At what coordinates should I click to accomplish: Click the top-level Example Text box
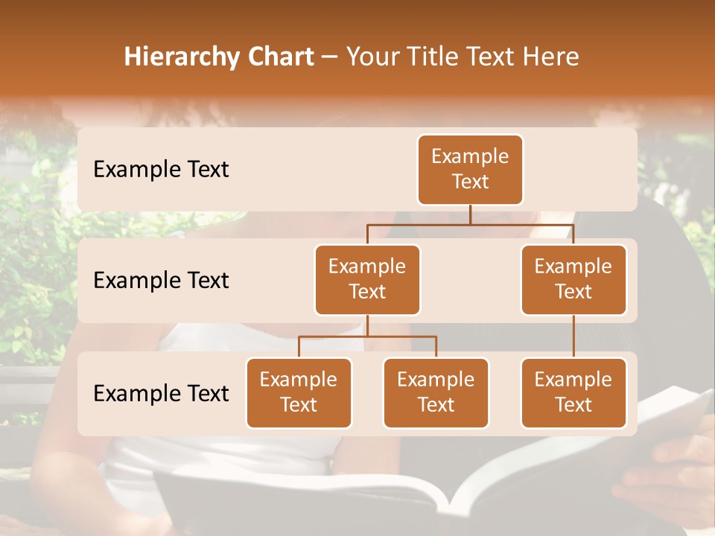(x=470, y=170)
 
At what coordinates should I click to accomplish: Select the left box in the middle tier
(x=367, y=280)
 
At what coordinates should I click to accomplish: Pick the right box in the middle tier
(x=573, y=280)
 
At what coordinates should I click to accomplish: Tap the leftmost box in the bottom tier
(x=299, y=393)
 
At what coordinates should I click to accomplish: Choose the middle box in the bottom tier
(x=436, y=393)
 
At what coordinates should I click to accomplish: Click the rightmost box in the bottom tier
(x=573, y=393)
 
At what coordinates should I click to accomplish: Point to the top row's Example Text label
(x=161, y=170)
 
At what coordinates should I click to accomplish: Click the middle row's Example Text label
(x=161, y=281)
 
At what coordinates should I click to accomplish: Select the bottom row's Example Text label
(x=161, y=393)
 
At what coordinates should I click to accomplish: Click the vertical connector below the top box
(x=470, y=214)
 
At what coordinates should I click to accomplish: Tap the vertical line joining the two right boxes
(x=573, y=336)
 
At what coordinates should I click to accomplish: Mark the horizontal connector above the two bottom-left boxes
(x=367, y=336)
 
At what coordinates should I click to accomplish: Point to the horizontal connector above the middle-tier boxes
(x=470, y=224)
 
